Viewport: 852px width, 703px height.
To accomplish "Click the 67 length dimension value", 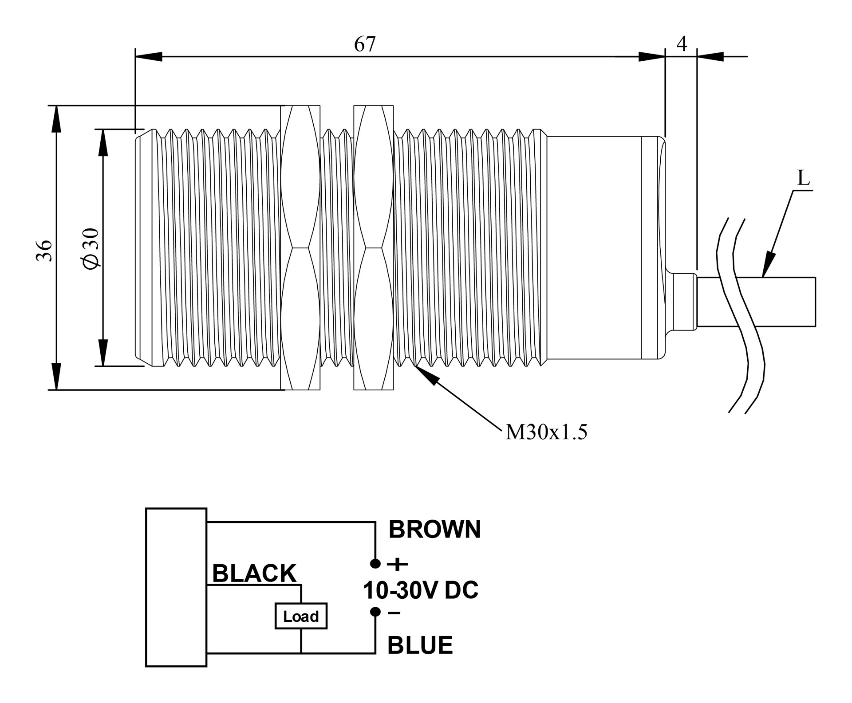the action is pos(365,44).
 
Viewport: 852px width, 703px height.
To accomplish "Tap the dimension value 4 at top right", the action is pos(682,44).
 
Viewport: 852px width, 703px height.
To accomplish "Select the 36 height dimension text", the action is pos(44,251).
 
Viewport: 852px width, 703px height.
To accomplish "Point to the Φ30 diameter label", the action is pos(91,248).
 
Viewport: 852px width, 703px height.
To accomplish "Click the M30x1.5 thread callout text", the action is pos(546,432).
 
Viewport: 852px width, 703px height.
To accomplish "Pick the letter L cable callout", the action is pos(804,178).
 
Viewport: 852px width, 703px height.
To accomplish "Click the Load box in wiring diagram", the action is pos(301,616).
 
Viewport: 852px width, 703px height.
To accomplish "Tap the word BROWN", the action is pos(434,529).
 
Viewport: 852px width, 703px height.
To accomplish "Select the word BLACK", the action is pos(254,573).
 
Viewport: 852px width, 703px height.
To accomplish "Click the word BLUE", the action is pos(420,645).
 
